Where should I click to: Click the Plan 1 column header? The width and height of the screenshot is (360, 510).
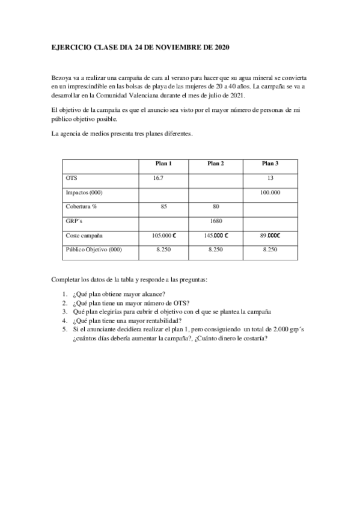pyautogui.click(x=163, y=164)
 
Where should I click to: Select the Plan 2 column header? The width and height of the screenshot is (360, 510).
pyautogui.click(x=216, y=164)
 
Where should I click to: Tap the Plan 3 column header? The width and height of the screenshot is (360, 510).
pyautogui.click(x=270, y=164)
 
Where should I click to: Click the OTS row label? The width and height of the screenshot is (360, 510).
pyautogui.click(x=71, y=178)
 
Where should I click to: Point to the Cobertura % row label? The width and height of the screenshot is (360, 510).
pyautogui.click(x=81, y=206)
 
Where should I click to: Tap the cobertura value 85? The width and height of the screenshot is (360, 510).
pyautogui.click(x=163, y=206)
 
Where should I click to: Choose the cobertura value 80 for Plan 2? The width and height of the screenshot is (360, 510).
pyautogui.click(x=216, y=206)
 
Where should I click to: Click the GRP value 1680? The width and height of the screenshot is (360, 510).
pyautogui.click(x=216, y=221)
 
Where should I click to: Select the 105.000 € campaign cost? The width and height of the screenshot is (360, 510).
pyautogui.click(x=163, y=235)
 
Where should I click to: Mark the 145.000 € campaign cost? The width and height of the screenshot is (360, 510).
pyautogui.click(x=216, y=235)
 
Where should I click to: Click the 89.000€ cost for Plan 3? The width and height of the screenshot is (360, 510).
pyautogui.click(x=270, y=235)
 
